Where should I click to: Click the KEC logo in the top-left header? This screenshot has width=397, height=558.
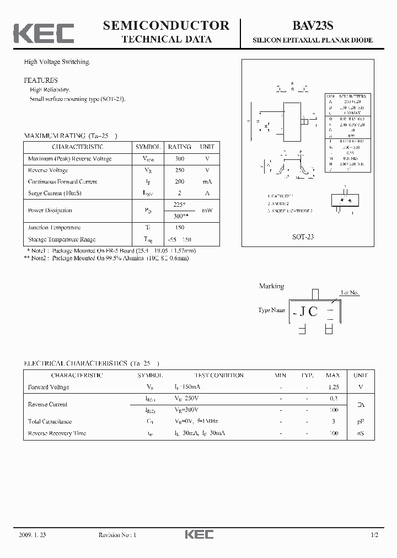point(44,33)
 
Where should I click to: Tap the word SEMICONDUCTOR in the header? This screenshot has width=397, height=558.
point(166,25)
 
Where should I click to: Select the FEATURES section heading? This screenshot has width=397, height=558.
point(41,80)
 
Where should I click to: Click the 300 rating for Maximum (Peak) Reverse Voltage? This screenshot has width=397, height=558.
point(179,159)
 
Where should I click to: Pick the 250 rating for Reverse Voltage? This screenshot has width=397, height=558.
point(179,170)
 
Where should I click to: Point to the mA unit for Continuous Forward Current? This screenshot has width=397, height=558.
point(207,181)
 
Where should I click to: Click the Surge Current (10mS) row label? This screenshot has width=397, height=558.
point(53,193)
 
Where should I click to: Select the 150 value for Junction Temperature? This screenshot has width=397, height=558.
point(179,228)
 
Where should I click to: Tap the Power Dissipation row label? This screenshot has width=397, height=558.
point(50,210)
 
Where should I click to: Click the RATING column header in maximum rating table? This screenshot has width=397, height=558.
point(179,147)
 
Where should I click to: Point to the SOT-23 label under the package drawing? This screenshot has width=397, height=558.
point(303,236)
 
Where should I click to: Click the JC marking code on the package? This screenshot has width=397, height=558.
point(308,312)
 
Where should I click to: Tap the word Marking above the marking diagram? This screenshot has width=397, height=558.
point(271,286)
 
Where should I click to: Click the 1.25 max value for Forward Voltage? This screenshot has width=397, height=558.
point(333,387)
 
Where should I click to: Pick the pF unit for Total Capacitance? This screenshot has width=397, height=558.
point(361,421)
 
